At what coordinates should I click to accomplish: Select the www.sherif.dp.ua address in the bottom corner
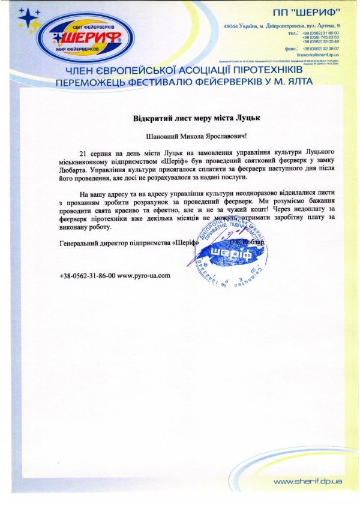(308, 482)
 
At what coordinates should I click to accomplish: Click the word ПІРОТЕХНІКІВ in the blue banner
(266, 71)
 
